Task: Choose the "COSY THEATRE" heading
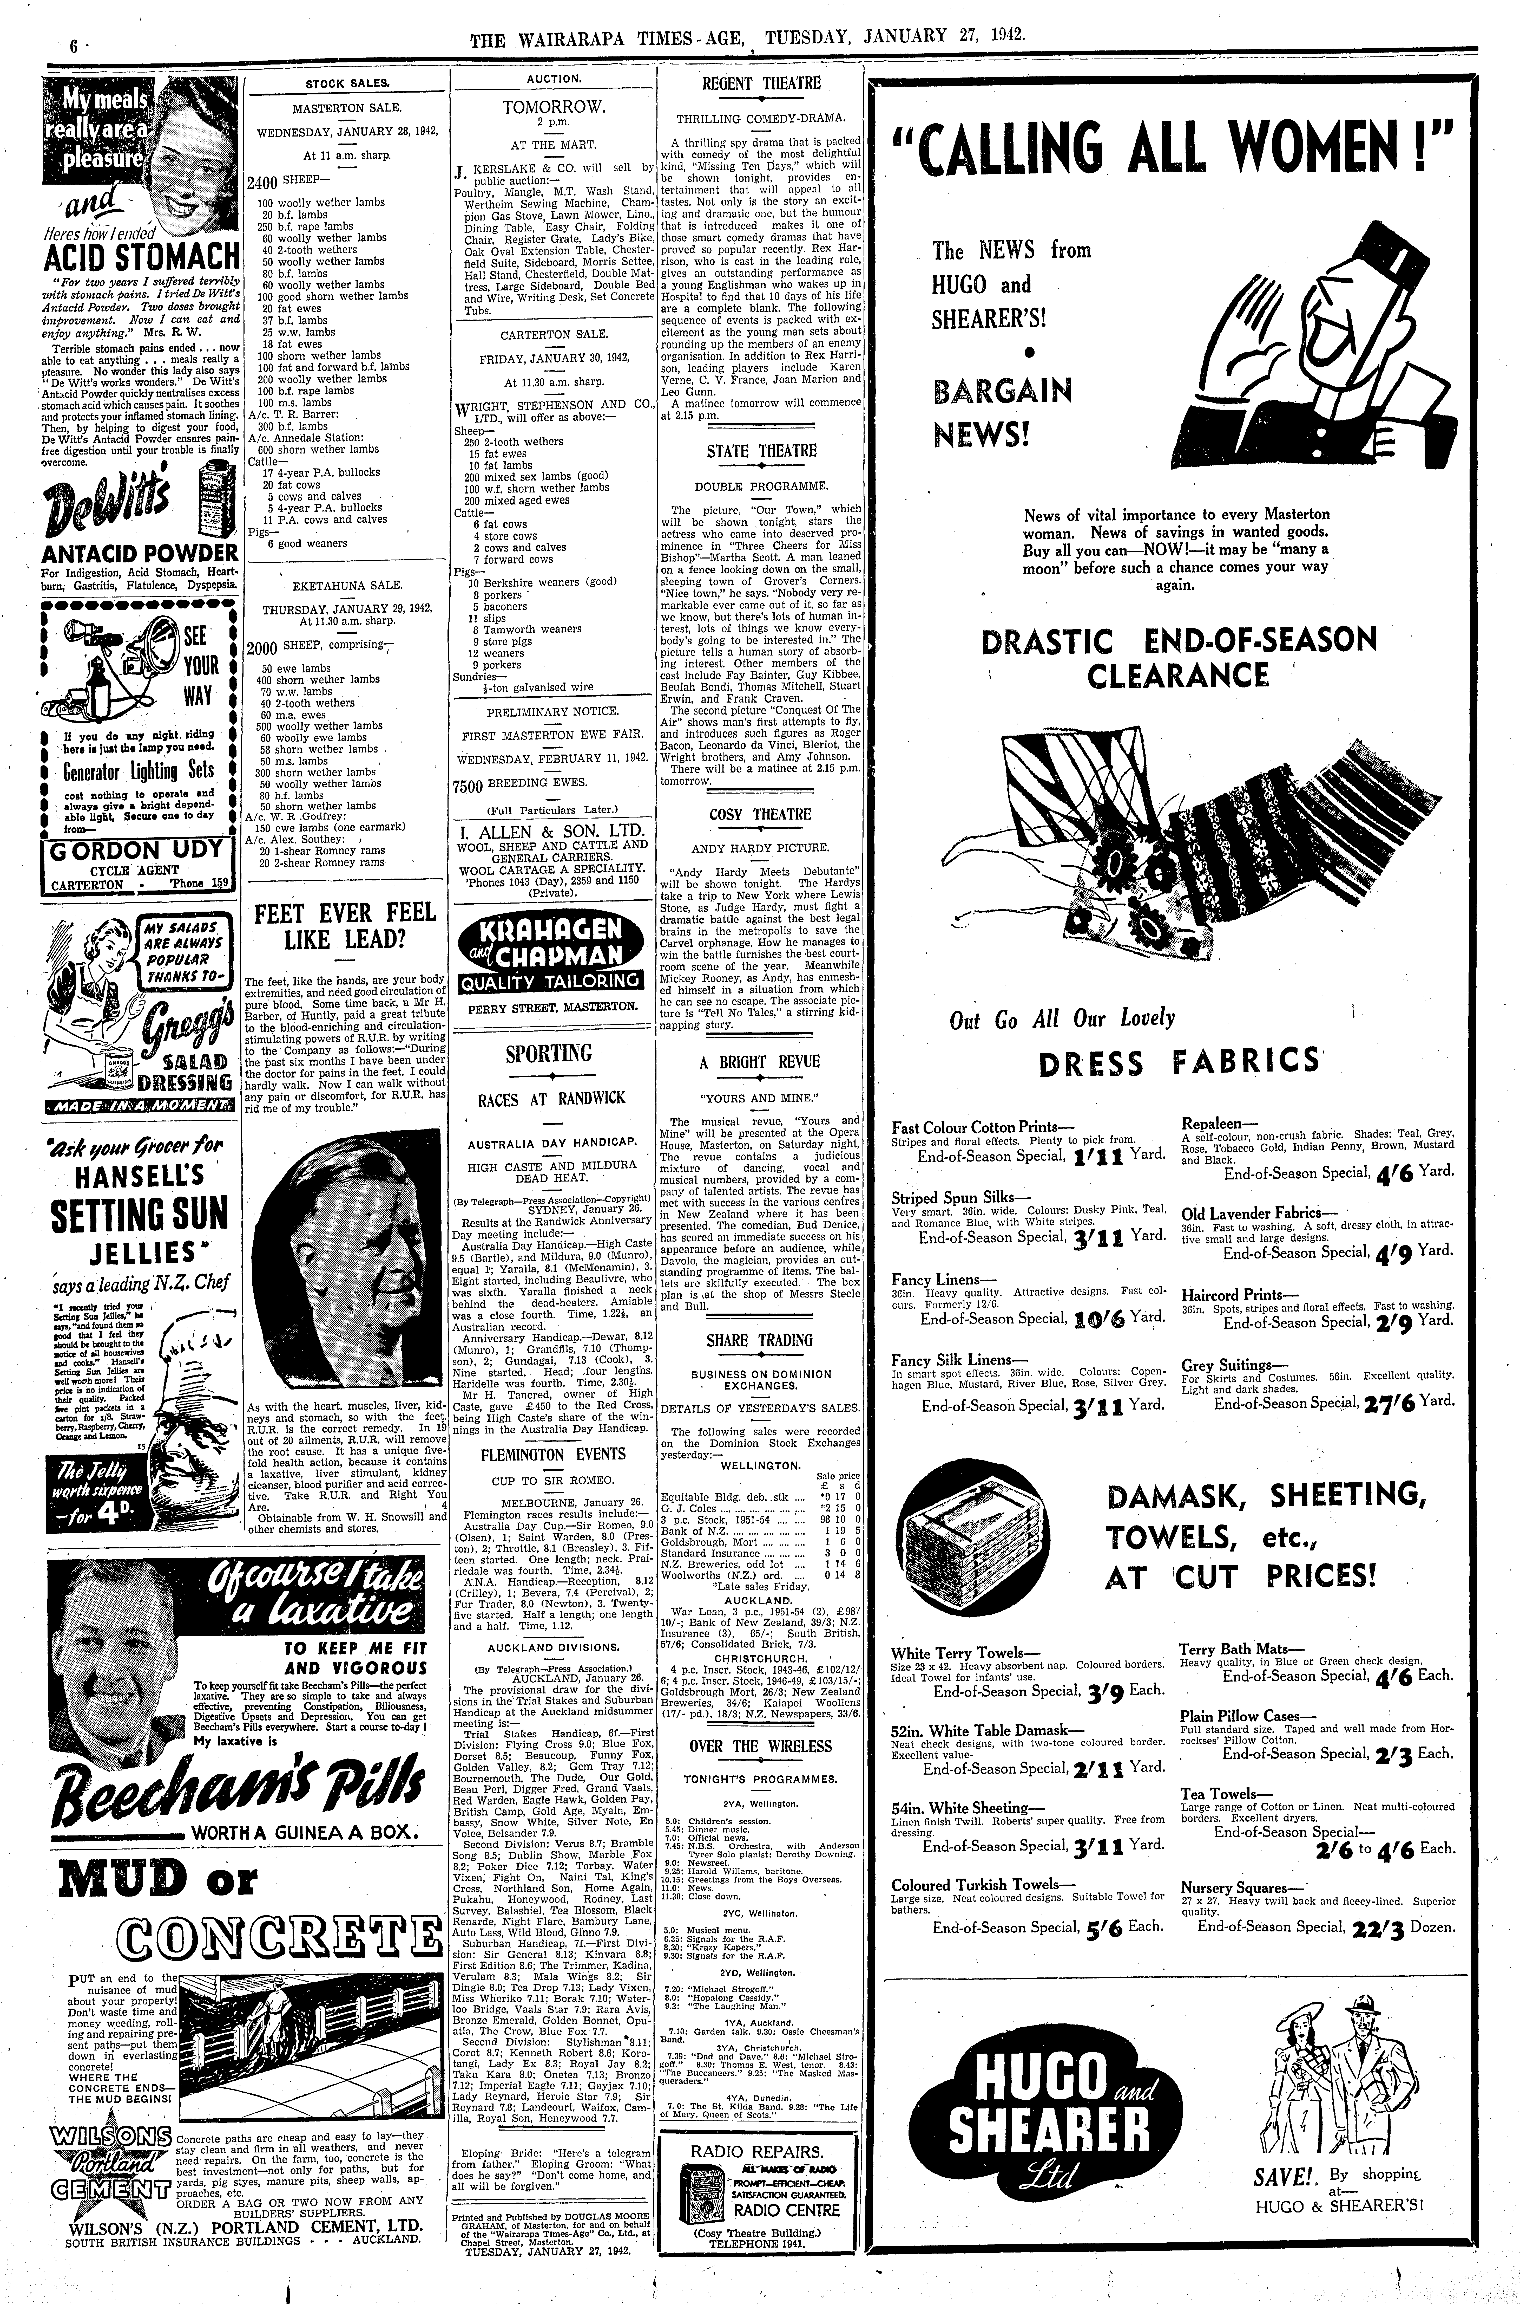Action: click(760, 815)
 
